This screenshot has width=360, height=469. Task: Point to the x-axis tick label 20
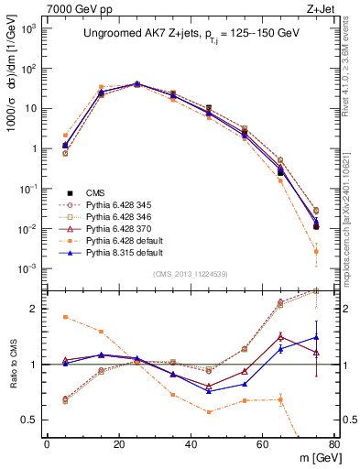coord(119,445)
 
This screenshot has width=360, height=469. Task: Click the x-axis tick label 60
coord(263,445)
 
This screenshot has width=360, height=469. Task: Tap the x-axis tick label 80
coord(334,445)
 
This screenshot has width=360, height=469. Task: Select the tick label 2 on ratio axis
coord(33,309)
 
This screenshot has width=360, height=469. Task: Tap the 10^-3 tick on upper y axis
coord(27,268)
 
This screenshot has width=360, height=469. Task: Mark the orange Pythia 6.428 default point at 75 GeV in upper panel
coord(316,251)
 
